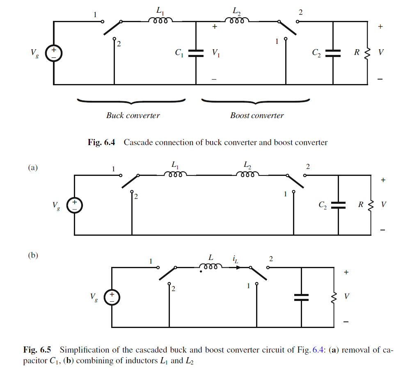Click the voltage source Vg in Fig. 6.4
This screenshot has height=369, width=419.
click(53, 53)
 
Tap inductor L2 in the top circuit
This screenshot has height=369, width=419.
click(236, 21)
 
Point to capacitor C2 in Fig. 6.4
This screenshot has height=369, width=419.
click(333, 53)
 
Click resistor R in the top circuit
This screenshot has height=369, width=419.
click(367, 53)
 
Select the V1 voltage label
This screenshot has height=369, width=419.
click(216, 53)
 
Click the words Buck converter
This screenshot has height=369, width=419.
click(133, 115)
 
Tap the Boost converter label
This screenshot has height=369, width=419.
click(257, 115)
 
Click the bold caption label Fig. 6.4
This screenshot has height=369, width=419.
click(101, 143)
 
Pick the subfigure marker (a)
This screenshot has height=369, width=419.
click(32, 168)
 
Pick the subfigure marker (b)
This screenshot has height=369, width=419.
click(32, 255)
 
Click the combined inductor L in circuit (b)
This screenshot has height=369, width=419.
click(211, 267)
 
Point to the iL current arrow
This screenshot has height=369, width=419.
click(238, 267)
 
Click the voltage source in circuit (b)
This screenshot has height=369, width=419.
click(111, 297)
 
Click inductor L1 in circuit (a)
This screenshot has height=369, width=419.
click(176, 175)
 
